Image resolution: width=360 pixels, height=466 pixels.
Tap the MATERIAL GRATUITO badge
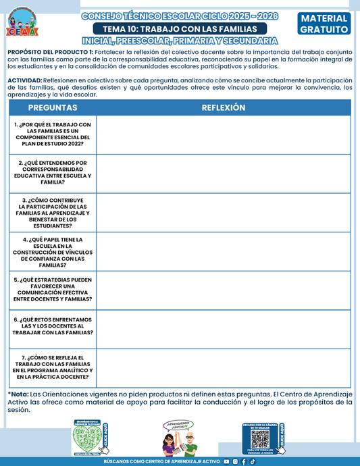coord(324,24)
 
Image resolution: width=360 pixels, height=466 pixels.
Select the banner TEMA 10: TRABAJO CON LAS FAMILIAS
coord(180,29)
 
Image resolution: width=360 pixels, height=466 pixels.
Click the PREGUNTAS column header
coord(53,108)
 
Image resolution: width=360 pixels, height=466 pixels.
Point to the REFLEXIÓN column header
coord(224,108)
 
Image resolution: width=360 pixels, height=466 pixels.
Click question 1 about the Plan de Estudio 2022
coord(53,134)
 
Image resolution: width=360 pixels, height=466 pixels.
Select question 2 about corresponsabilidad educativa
coord(53,172)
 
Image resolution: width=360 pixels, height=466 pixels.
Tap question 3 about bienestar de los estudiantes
coord(53,213)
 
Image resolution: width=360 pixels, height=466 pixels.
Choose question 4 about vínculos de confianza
coord(53,251)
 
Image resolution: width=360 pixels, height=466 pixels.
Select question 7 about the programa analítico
coord(53,367)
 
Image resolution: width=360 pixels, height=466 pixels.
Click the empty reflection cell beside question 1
coord(224,134)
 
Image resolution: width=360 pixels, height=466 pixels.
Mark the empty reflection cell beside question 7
coord(224,367)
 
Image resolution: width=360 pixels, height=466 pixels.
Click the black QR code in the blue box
coord(260,438)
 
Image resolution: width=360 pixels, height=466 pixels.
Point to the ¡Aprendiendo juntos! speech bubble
coord(177,426)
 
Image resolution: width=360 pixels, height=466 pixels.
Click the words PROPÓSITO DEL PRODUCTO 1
coord(47,51)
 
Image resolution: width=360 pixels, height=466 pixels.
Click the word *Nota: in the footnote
coord(19,394)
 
